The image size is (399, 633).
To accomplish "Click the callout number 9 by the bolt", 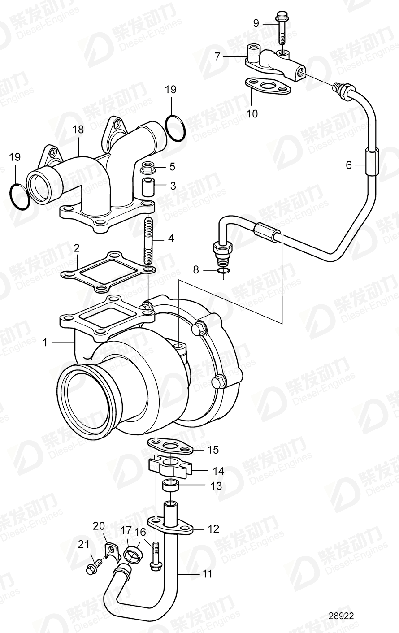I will (x=256, y=23).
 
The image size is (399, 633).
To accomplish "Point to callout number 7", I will (x=218, y=56).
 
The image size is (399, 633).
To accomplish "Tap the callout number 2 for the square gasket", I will (x=77, y=247).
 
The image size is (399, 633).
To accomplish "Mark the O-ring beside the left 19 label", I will (x=19, y=197).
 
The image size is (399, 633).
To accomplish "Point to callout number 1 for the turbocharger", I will (x=45, y=343).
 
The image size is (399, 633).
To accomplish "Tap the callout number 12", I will (x=213, y=529).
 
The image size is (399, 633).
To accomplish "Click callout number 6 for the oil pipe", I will (x=349, y=165).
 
